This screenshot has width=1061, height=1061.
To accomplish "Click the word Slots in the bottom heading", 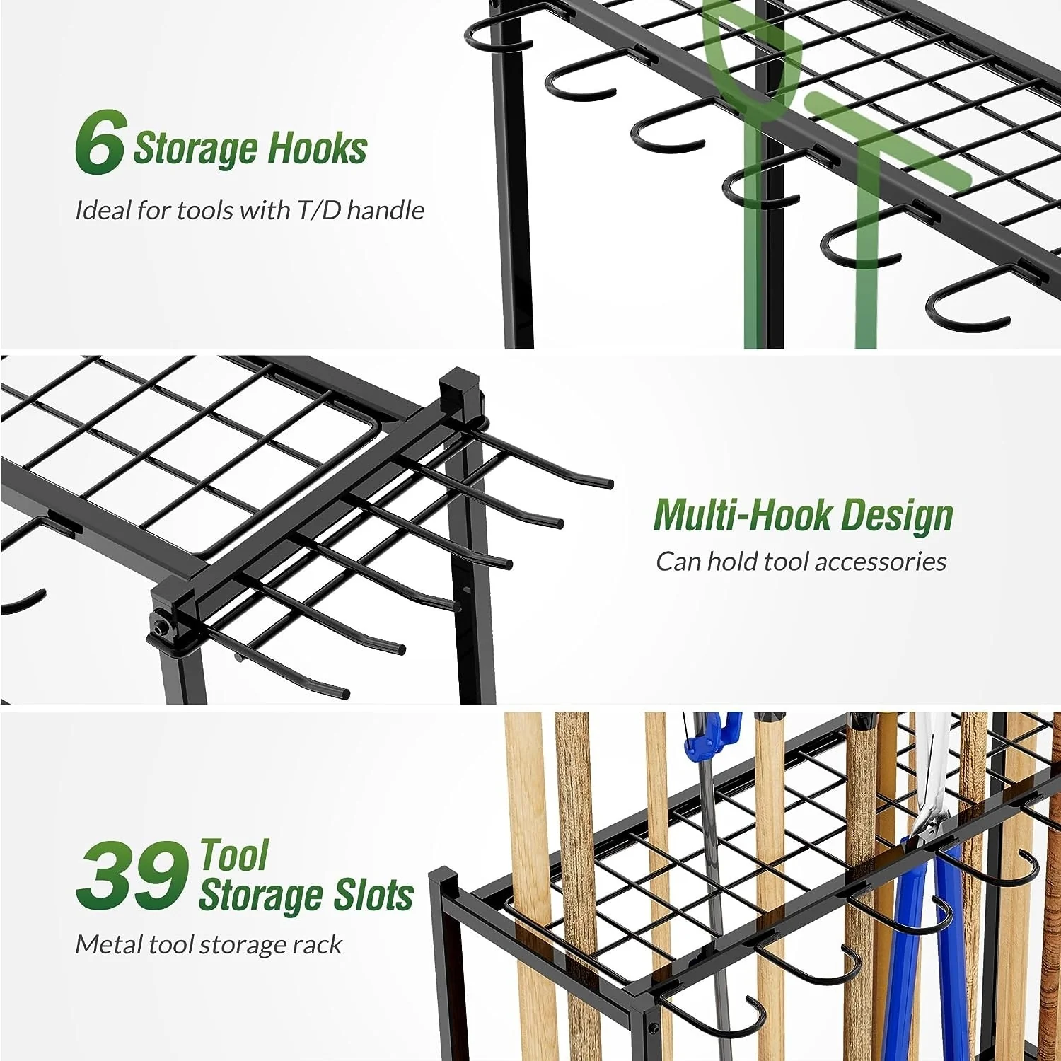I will [374, 895].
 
